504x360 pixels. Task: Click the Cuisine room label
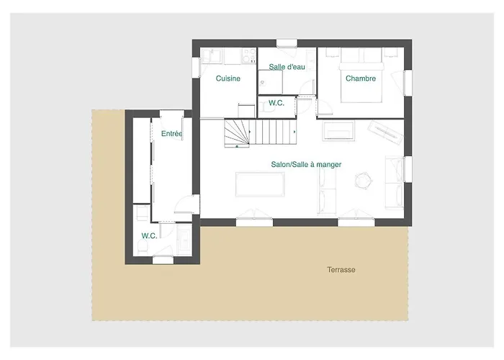pos(228,78)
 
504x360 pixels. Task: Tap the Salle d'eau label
pos(287,67)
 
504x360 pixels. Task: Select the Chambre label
pos(361,78)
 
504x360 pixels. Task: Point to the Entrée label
pos(171,134)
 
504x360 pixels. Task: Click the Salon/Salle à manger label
pos(306,165)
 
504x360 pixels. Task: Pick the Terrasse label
pos(341,270)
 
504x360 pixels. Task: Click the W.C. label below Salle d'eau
pos(276,103)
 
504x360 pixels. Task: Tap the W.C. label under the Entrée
pos(149,235)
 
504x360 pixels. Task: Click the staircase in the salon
pos(260,132)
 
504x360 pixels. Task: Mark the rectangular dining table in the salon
pos(260,184)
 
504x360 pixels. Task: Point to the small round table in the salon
pos(363,180)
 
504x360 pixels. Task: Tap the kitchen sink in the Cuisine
pos(211,55)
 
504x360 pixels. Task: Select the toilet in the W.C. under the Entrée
pos(142,247)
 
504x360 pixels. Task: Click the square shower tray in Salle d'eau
pos(270,82)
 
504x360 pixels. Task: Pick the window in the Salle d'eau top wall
pos(287,43)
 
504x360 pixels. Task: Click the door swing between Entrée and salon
pos(187,204)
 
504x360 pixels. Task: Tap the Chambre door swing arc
pos(325,107)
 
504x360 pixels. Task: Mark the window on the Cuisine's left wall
pos(196,68)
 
